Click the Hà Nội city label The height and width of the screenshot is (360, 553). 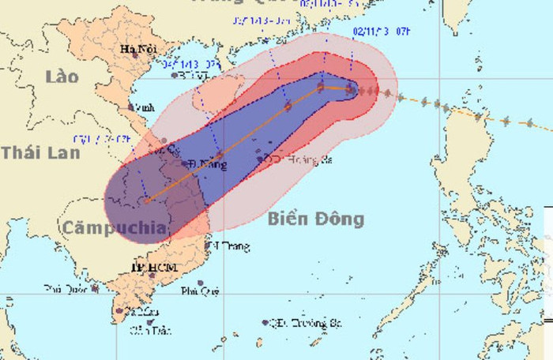[x=137, y=50]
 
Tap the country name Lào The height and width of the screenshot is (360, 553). [x=63, y=77]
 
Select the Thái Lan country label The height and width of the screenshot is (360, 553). [x=40, y=152]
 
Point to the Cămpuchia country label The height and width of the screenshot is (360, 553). [x=115, y=229]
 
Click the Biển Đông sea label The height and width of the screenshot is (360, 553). [x=314, y=219]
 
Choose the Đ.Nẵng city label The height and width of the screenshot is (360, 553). [x=208, y=165]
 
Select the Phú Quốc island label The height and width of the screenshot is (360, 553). [x=65, y=289]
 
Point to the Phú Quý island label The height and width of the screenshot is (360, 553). [x=200, y=291]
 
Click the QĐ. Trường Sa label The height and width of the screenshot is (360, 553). [x=303, y=322]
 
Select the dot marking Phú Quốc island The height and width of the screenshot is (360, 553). [x=95, y=289]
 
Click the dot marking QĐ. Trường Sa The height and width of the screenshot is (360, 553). [x=265, y=322]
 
